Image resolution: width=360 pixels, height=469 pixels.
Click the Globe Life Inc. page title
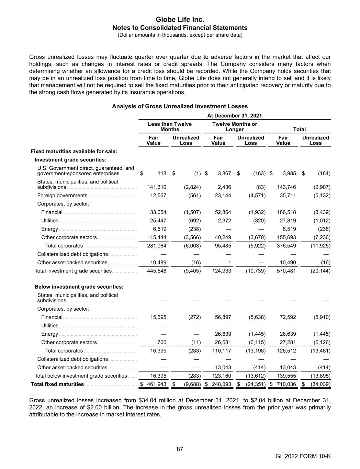click(180, 20)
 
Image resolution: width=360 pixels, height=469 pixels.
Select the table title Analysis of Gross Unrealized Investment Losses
click(180, 107)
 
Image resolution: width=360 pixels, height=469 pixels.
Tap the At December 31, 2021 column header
click(235, 116)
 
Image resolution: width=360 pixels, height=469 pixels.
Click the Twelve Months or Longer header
click(235, 126)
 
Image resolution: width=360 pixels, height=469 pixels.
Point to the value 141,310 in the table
click(157, 187)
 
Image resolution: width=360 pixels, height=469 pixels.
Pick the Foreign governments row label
click(62, 196)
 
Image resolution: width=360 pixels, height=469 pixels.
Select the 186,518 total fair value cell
click(286, 212)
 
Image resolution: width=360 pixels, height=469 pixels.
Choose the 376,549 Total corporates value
click(286, 246)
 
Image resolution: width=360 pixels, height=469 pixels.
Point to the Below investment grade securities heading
click(79, 287)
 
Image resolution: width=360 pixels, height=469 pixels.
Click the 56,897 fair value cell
click(223, 317)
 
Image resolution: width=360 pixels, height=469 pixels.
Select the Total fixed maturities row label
click(57, 384)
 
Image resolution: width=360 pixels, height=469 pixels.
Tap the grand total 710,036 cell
click(286, 384)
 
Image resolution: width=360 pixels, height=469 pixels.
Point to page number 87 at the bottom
click(180, 449)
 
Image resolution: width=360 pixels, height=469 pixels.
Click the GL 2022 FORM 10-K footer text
click(303, 456)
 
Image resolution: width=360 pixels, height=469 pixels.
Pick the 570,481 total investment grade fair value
click(286, 271)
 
